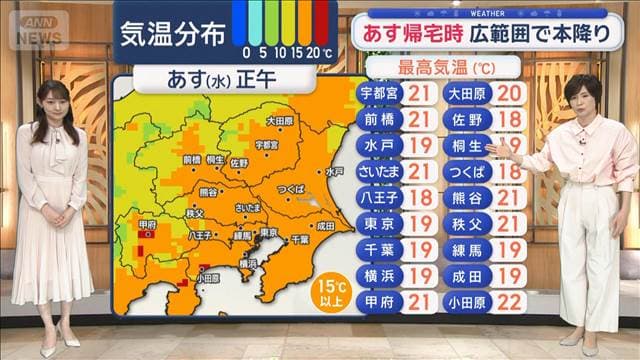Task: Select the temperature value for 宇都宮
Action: [x=420, y=94]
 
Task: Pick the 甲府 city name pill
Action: [x=378, y=302]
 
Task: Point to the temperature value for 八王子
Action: [x=420, y=198]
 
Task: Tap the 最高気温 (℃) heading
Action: [x=446, y=68]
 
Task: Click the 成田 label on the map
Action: [x=325, y=227]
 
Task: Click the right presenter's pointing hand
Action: [x=496, y=147]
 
